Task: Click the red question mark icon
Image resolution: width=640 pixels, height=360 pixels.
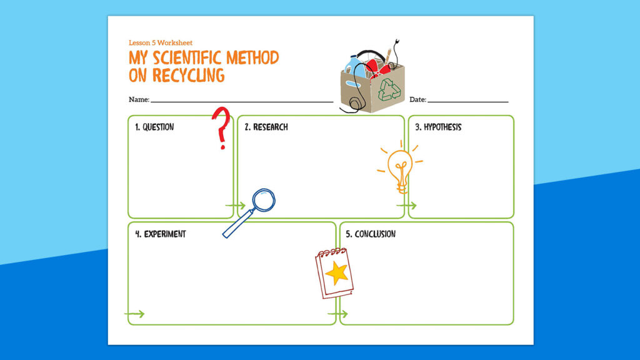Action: [x=221, y=127]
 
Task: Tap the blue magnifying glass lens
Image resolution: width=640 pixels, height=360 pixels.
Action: [x=263, y=200]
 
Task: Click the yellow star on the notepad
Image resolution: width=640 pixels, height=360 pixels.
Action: [x=337, y=273]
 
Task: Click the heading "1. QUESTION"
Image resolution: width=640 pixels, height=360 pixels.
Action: [x=154, y=127]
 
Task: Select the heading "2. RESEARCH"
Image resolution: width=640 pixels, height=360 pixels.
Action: [x=266, y=127]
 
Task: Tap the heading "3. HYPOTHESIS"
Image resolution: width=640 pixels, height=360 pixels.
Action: [x=438, y=127]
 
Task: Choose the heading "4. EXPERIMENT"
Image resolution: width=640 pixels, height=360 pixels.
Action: [x=161, y=234]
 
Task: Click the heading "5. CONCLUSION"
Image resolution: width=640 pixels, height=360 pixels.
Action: [x=371, y=234]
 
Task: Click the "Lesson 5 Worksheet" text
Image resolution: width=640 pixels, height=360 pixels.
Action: [x=161, y=42]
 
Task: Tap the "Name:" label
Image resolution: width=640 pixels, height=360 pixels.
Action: [x=139, y=99]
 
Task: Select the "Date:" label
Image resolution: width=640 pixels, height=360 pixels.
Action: [x=417, y=99]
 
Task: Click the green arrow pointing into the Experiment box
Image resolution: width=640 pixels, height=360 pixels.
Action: [x=134, y=314]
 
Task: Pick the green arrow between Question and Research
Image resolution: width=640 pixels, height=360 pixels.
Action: [x=236, y=205]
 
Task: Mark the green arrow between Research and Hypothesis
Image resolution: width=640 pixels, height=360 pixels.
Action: [x=406, y=205]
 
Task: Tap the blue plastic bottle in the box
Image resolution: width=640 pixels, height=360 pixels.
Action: [x=357, y=65]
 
